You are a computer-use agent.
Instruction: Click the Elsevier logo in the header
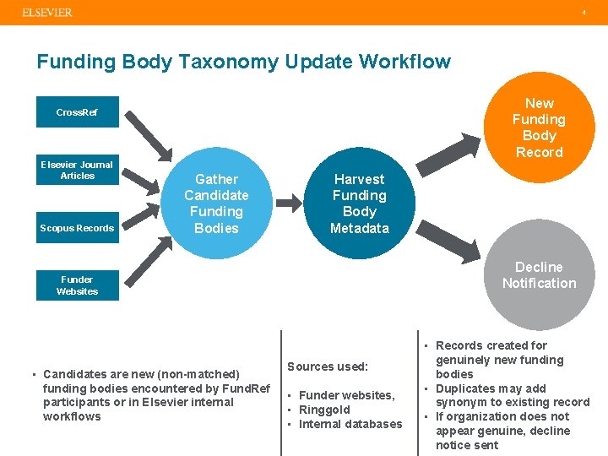coord(46,12)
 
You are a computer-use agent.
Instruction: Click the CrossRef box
coord(77,112)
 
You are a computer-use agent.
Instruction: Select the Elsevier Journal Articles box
coord(77,170)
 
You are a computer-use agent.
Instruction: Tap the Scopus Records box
coord(77,228)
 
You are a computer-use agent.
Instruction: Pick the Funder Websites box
coord(77,285)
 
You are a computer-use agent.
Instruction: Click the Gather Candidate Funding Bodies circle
coord(216,204)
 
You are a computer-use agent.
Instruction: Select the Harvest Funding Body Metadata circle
coord(360,204)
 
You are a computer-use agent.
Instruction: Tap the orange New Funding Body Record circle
coord(539,128)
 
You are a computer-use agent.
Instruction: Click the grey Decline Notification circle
coord(539,275)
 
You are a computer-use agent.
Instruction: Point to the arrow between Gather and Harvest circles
coord(288,202)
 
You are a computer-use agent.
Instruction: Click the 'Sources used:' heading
coord(328,366)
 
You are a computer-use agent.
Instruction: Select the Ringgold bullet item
coord(325,410)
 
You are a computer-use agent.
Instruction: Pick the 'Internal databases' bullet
coord(350,424)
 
